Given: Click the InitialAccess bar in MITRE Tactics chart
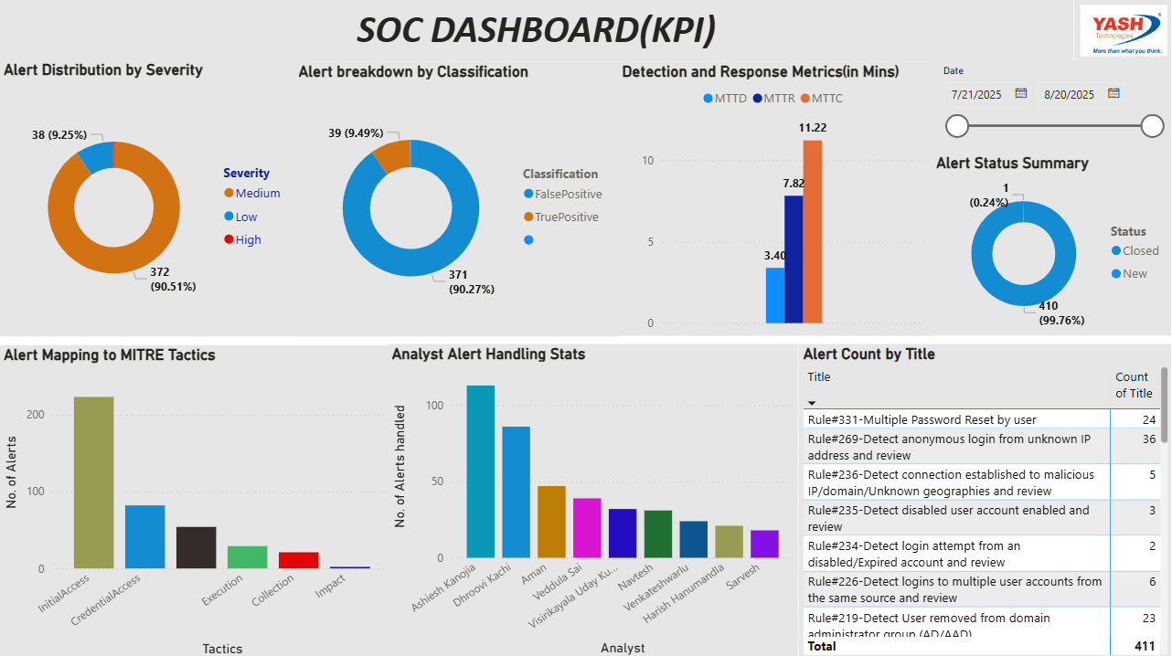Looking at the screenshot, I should tap(94, 482).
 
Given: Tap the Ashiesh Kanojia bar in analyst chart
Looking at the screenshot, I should tap(480, 471).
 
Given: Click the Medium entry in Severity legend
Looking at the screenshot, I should tap(257, 194).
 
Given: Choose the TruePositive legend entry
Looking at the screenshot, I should tap(567, 217).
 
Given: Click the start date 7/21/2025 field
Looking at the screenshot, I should tap(977, 94).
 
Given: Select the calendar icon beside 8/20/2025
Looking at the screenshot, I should tap(1113, 93).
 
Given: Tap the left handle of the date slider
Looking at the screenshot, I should tap(957, 126).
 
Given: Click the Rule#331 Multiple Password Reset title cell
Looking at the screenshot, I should tap(922, 419).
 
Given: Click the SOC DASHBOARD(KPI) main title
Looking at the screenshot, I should tap(536, 30).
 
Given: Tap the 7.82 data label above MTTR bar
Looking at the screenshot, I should tap(793, 184).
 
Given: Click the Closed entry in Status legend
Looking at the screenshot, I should tap(1140, 251).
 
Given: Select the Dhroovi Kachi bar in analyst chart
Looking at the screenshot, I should tap(516, 492).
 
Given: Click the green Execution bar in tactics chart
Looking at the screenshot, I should tap(247, 557).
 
